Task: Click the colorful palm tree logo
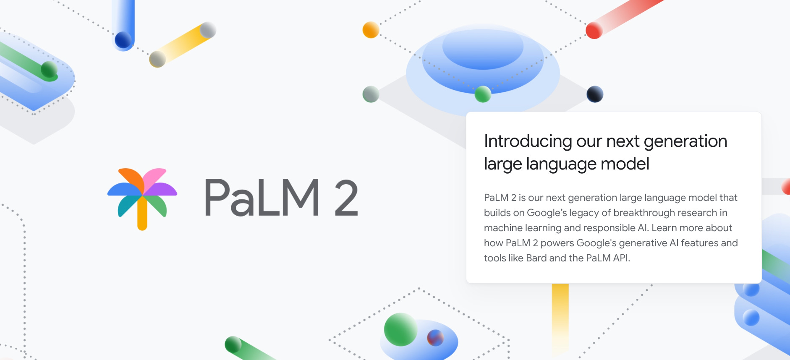(142, 197)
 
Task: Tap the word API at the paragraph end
(621, 258)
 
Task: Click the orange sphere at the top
(371, 30)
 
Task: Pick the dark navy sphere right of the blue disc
(595, 94)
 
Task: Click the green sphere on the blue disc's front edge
(483, 94)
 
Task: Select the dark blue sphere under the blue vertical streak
(123, 40)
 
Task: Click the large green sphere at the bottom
(400, 329)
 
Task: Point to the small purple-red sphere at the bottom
(435, 338)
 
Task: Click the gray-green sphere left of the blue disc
(371, 94)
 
